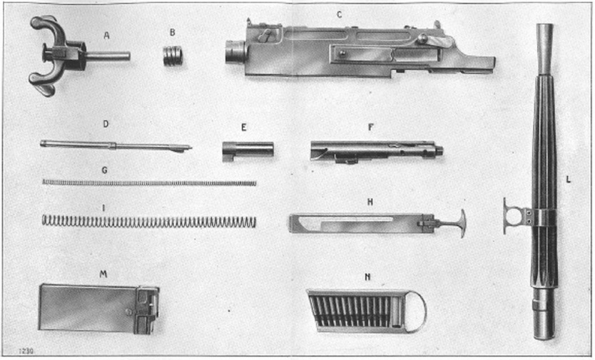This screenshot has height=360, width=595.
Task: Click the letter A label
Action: click(106, 36)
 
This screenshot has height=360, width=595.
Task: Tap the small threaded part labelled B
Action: click(173, 56)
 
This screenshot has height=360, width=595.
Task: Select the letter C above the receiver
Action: click(340, 15)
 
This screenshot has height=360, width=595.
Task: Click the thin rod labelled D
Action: click(116, 146)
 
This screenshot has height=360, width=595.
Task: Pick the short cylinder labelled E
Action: click(248, 150)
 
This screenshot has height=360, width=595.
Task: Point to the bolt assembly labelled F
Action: click(377, 151)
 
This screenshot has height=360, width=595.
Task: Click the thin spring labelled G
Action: click(149, 182)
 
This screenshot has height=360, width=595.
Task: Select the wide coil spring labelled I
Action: click(148, 221)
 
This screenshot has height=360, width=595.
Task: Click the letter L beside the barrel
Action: click(568, 180)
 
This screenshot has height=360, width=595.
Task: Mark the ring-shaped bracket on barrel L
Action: click(515, 216)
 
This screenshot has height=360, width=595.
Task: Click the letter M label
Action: click(103, 274)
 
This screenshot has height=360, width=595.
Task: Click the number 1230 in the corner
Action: click(26, 351)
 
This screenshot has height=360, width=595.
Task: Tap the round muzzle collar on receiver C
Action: click(235, 52)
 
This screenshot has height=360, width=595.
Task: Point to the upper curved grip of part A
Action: click(48, 26)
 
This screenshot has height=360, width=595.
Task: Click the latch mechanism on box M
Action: click(146, 309)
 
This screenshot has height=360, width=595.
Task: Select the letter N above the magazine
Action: click(367, 277)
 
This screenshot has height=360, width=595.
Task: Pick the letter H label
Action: click(370, 202)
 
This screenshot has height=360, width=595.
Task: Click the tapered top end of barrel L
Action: click(544, 48)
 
